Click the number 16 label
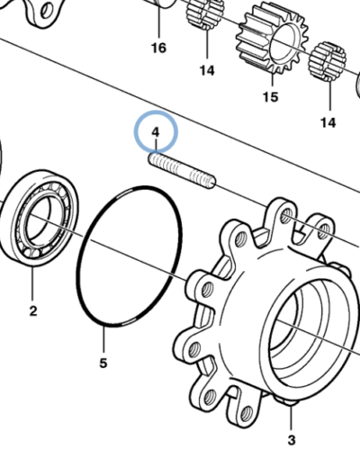click(x=158, y=48)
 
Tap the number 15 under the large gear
click(x=270, y=97)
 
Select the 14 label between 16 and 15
click(x=207, y=71)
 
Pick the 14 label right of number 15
click(x=328, y=122)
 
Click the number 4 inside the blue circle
click(x=156, y=132)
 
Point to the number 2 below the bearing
click(x=33, y=310)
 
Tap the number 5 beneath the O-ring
click(x=103, y=364)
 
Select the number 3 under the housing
click(x=292, y=440)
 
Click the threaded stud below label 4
click(x=182, y=170)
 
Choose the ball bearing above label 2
click(x=38, y=218)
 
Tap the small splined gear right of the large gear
click(x=328, y=61)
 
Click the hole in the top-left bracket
click(x=45, y=12)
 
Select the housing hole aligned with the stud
click(x=286, y=215)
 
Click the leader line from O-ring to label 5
click(x=103, y=340)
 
